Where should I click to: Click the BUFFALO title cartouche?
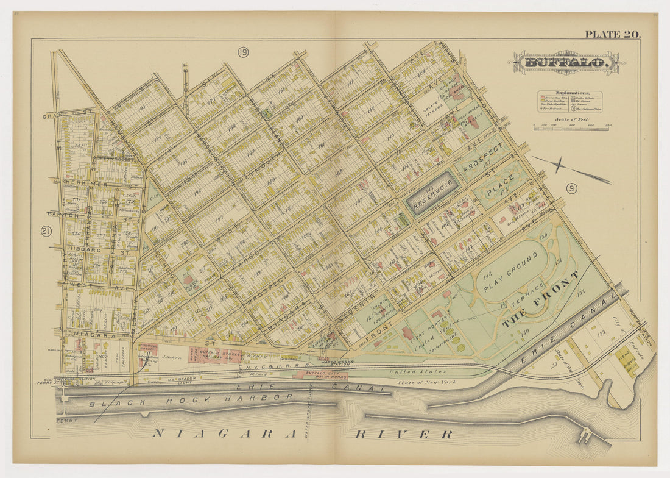click(x=566, y=62)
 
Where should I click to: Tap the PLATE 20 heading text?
click(x=612, y=34)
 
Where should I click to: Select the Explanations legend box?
click(x=569, y=102)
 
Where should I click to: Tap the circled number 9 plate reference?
click(x=571, y=188)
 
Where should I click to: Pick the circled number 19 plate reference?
click(x=243, y=53)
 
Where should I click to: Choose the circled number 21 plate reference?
click(x=45, y=231)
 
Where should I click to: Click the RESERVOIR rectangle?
click(x=432, y=193)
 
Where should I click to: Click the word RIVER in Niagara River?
click(x=404, y=434)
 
